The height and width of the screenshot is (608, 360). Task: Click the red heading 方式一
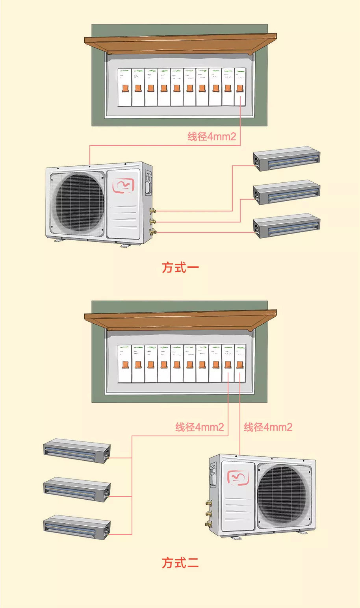180,267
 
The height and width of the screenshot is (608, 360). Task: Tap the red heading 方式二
180,563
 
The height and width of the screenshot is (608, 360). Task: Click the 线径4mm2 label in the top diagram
212,137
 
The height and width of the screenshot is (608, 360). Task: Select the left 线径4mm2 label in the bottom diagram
199,427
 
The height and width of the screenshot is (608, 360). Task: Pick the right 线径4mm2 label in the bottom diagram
268,427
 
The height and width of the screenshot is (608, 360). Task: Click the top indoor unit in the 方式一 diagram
286,159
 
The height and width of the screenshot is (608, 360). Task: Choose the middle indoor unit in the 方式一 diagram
286,192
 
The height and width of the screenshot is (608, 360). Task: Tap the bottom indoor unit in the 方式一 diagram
286,226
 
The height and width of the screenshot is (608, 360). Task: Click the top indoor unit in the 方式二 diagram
77,450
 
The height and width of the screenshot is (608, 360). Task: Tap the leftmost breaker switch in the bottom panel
124,364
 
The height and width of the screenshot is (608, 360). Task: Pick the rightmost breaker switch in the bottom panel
240,364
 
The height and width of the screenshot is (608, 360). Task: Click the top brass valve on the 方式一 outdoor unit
152,211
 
